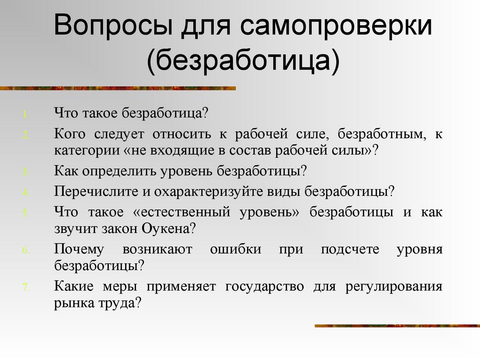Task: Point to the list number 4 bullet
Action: (x=26, y=193)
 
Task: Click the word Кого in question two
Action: (x=69, y=134)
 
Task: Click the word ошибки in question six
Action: (x=235, y=249)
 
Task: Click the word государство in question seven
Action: (x=265, y=286)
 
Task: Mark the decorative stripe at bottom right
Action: (x=397, y=325)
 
